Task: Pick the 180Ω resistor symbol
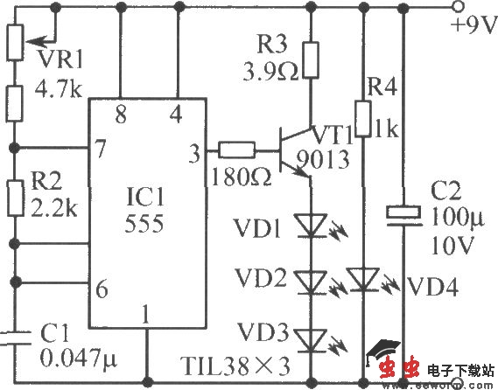tap(236, 150)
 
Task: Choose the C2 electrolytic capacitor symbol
tap(402, 212)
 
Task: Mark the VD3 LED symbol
tap(310, 336)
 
